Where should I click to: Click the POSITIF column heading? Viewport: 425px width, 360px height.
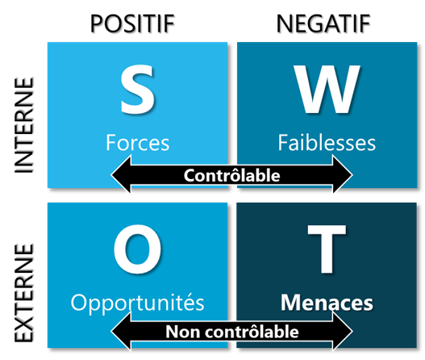[132, 23]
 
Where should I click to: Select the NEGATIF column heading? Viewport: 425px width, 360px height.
[323, 23]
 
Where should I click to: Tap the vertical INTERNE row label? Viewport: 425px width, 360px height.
[24, 125]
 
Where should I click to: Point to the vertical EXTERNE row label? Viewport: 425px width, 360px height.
[24, 293]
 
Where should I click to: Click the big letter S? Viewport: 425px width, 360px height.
[137, 90]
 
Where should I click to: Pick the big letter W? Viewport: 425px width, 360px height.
[327, 90]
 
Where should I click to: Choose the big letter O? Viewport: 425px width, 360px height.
[137, 249]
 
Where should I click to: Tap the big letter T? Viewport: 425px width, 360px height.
[327, 249]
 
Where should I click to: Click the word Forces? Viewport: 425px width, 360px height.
[137, 142]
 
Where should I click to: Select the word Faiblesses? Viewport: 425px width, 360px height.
[327, 142]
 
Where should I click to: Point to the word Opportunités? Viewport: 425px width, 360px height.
[137, 303]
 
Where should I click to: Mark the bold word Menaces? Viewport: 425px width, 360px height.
[327, 303]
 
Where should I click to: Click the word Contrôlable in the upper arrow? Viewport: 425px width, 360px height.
[232, 175]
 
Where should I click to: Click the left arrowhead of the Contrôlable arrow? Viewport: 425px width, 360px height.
[121, 174]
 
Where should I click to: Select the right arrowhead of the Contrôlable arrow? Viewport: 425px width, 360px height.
[343, 174]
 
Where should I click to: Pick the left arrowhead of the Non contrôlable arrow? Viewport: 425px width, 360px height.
[121, 331]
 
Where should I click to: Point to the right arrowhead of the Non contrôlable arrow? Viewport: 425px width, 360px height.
[343, 331]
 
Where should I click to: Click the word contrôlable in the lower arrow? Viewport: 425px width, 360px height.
[252, 331]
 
